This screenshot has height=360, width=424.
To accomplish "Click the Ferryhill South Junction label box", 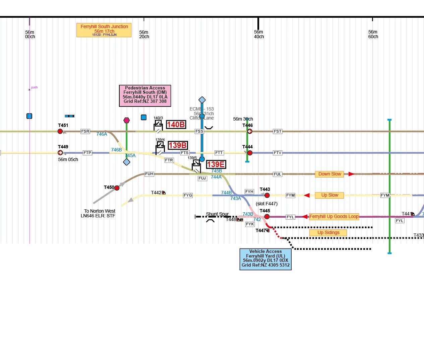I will (x=104, y=30).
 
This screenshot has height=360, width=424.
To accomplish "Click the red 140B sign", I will (x=176, y=125).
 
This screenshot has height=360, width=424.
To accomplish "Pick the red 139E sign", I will (x=216, y=164).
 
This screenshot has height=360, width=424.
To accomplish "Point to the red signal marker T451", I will (x=60, y=131).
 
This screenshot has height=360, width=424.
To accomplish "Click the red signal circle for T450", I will (x=117, y=188).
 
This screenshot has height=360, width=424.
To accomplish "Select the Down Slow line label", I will (x=329, y=174).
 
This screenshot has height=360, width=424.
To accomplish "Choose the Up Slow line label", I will (x=329, y=195).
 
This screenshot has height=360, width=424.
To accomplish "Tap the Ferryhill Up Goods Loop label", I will (x=334, y=217).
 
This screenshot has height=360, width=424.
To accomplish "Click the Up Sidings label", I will (x=328, y=233).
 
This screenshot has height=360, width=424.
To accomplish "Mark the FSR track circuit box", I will (x=85, y=131).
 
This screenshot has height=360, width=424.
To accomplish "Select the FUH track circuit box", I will (x=149, y=174).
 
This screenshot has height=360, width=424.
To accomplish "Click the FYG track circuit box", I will (x=188, y=195).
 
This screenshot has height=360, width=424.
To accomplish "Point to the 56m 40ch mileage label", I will (x=259, y=34).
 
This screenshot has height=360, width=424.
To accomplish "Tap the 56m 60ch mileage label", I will (x=373, y=34).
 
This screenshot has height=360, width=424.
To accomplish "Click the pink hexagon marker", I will (x=127, y=120).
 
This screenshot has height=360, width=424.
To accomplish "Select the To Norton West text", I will (x=100, y=211).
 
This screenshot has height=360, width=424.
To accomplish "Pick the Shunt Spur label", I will (x=217, y=214).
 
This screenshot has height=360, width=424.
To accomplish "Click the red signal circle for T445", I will (x=267, y=217).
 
